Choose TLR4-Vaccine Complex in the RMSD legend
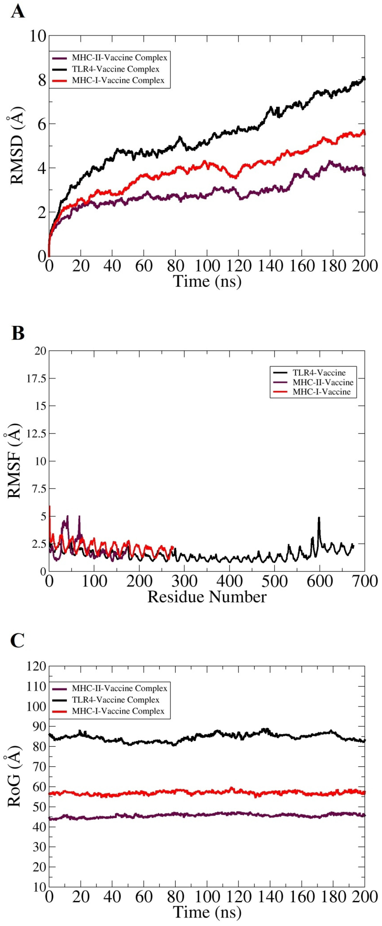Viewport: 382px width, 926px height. point(116,69)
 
